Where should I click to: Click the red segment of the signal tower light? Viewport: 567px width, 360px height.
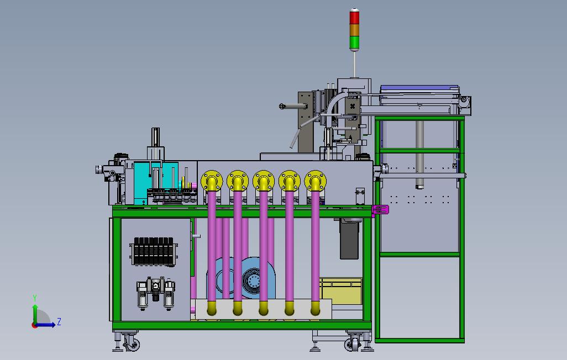click(354, 18)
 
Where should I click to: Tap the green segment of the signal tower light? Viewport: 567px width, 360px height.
click(354, 43)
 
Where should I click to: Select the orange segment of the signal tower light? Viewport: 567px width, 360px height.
click(354, 30)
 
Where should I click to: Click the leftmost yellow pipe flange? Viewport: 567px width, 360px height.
click(212, 181)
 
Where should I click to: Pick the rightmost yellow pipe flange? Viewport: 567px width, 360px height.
click(316, 181)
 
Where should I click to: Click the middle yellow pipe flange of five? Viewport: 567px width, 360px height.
click(264, 181)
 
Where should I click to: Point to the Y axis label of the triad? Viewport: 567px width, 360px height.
click(35, 298)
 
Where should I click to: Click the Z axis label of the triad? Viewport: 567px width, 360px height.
click(59, 322)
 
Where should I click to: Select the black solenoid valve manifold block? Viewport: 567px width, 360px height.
click(154, 252)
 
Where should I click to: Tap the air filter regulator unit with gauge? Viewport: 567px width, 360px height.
click(156, 293)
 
